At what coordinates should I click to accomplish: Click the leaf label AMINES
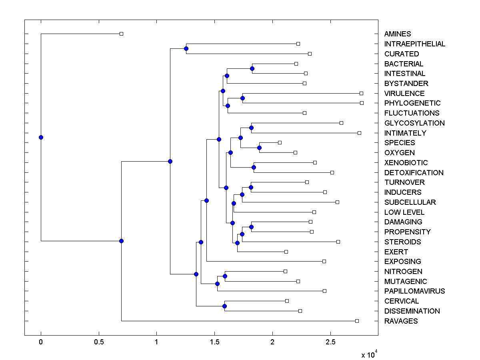[x=397, y=34]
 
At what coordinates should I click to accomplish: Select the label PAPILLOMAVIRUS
[x=414, y=291]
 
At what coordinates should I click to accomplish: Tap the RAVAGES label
[x=401, y=321]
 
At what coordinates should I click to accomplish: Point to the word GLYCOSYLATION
[x=414, y=123]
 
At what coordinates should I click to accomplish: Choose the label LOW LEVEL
[x=404, y=212]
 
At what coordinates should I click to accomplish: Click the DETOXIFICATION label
[x=414, y=173]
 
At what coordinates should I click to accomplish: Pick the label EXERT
[x=396, y=252]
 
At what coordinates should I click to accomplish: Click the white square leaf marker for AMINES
[x=122, y=34]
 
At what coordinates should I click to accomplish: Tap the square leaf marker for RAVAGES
[x=357, y=321]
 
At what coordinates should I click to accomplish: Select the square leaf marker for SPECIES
[x=280, y=143]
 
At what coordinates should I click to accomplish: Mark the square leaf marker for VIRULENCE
[x=362, y=93]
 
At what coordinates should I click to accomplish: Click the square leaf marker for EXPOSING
[x=324, y=262]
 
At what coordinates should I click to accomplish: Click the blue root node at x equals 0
[x=41, y=138]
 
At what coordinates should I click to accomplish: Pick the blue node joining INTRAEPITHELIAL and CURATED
[x=186, y=49]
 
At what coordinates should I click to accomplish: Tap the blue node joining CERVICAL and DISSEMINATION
[x=224, y=306]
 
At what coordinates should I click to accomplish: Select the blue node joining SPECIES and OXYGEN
[x=259, y=148]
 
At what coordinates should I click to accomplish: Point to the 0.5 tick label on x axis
[x=99, y=343]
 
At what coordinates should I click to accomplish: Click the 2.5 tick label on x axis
[x=330, y=343]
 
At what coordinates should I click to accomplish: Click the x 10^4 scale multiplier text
[x=369, y=355]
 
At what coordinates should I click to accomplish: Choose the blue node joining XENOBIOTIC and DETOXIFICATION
[x=254, y=168]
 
